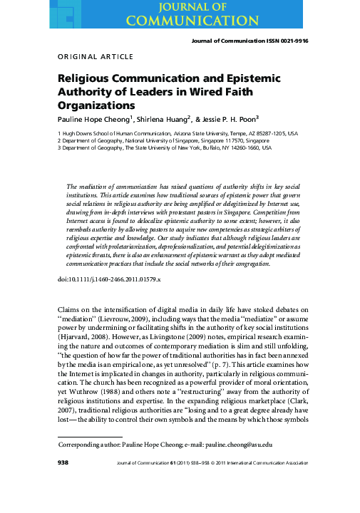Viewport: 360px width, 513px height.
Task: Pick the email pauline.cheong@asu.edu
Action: coord(273,484)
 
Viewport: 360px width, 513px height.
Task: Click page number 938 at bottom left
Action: coord(62,503)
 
